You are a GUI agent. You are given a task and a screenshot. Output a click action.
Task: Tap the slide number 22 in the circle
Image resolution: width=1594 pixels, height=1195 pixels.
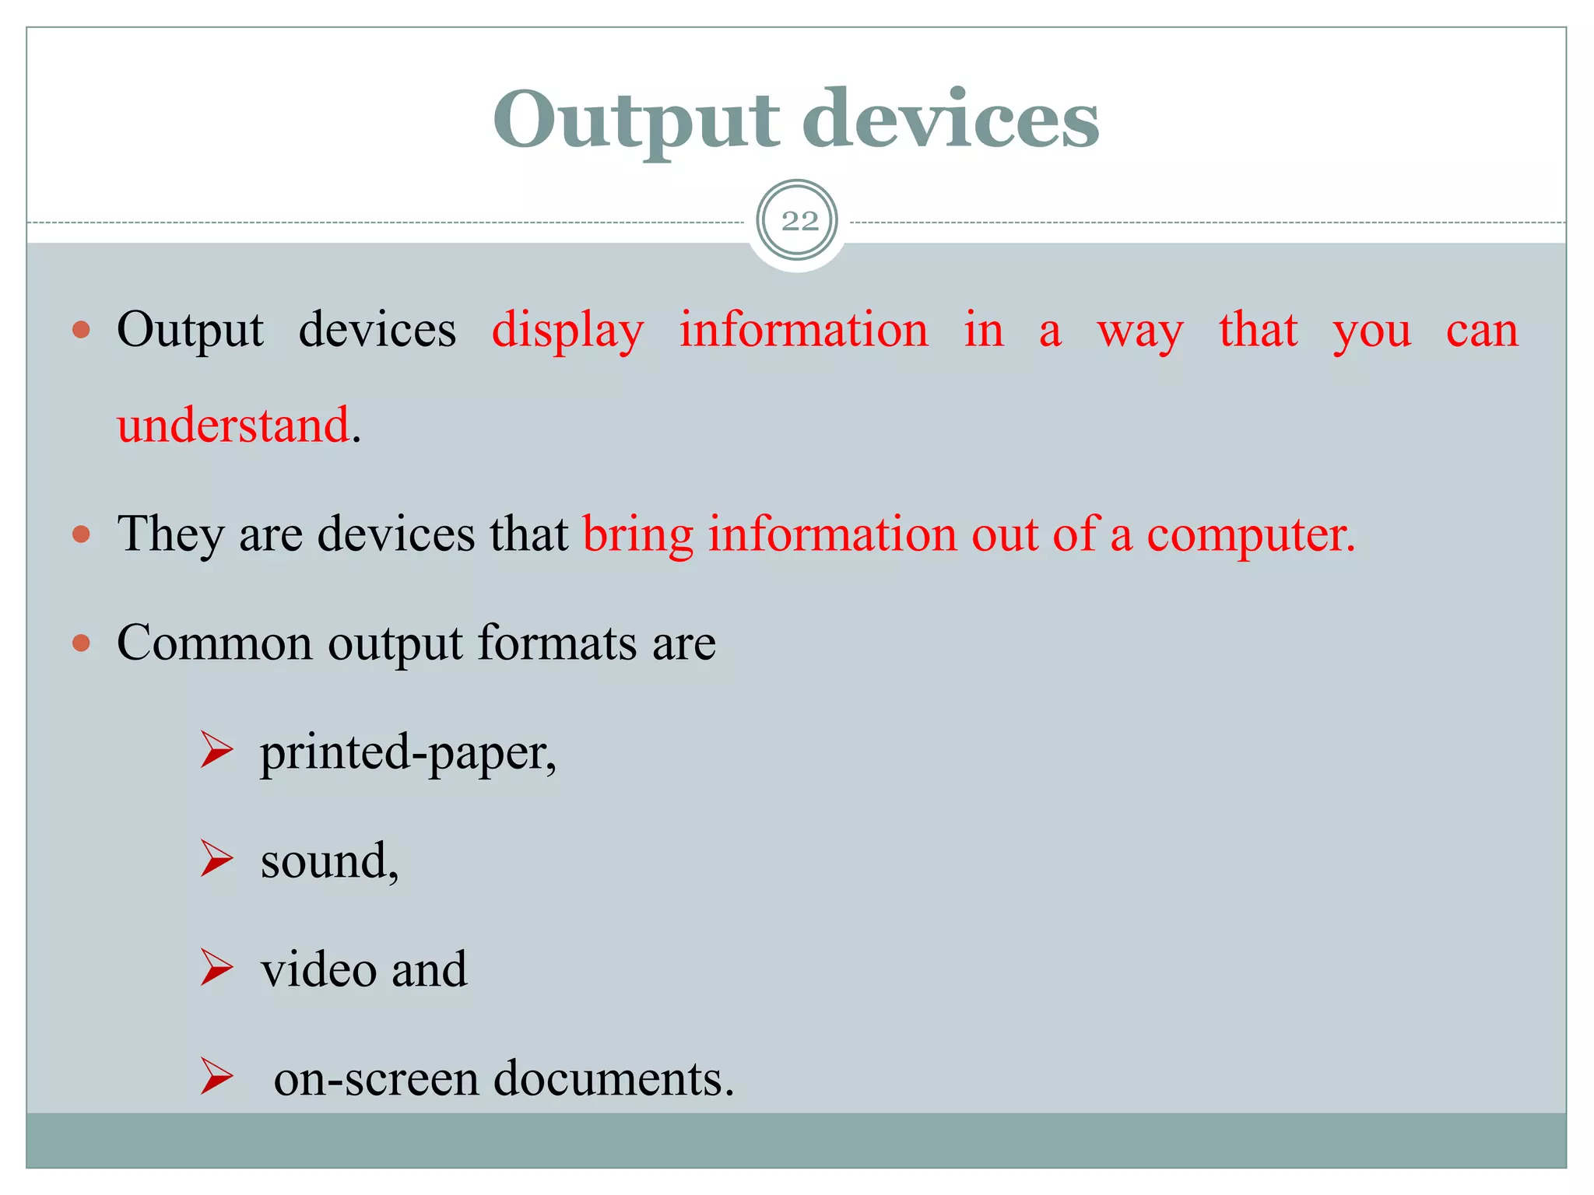tap(799, 222)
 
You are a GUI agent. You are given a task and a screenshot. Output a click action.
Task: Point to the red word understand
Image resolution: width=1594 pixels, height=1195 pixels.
tap(233, 426)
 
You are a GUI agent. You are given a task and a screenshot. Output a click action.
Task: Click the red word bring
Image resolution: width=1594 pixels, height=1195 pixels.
tap(637, 535)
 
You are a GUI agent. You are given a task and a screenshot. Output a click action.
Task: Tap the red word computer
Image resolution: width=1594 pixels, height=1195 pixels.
tap(1250, 535)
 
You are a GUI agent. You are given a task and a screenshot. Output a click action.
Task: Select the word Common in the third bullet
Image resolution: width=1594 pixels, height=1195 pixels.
tap(214, 643)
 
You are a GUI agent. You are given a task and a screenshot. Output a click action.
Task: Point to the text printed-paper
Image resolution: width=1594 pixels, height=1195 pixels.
tap(408, 753)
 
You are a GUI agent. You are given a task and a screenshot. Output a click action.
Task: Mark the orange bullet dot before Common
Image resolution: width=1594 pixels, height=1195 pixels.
tap(81, 643)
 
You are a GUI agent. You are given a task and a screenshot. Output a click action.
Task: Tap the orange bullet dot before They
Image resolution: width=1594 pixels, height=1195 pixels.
tap(81, 534)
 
